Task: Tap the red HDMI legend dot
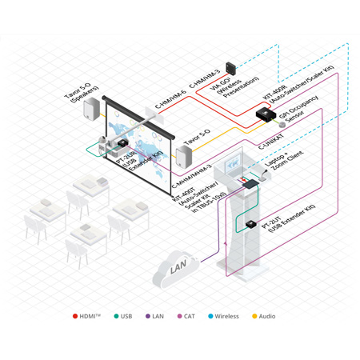(x=75, y=316)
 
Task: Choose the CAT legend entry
(x=187, y=316)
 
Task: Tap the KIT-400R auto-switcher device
(x=265, y=114)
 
